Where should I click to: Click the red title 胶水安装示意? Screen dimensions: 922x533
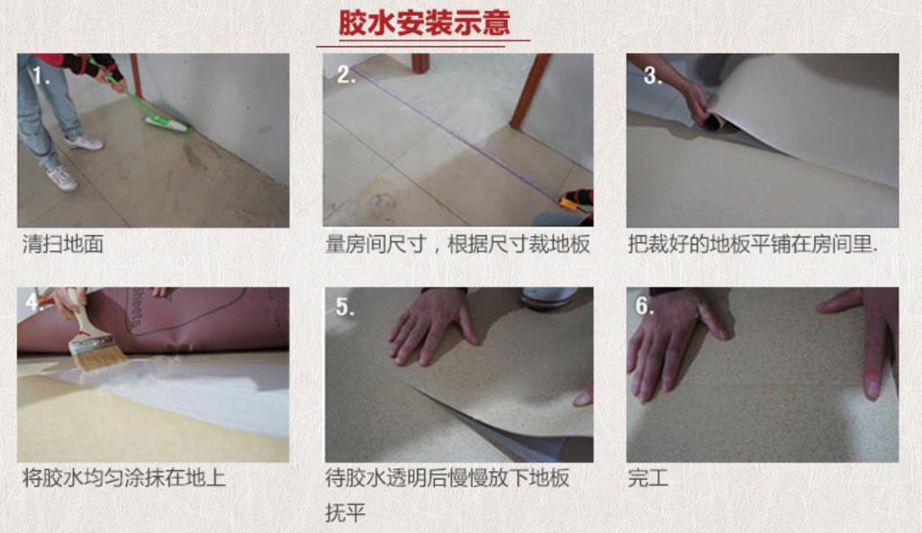tap(424, 23)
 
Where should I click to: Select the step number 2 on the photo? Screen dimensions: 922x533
tap(346, 75)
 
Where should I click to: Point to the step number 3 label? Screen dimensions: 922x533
tap(652, 75)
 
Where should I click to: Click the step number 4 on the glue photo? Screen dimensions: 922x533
tap(34, 302)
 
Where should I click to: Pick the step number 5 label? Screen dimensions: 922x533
tap(345, 306)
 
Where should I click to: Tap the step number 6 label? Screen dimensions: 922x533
tap(645, 305)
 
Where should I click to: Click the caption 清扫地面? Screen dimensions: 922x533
tap(63, 244)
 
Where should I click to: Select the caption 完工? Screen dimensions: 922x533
tap(648, 478)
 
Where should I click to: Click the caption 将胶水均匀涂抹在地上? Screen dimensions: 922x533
tap(124, 478)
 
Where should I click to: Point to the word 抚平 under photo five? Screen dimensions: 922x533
tap(345, 512)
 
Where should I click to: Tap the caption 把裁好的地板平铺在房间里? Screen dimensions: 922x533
tap(753, 244)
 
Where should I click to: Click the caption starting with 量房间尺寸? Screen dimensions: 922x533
tap(457, 244)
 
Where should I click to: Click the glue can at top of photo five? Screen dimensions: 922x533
tap(549, 298)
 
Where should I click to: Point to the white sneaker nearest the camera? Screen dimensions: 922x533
tap(61, 176)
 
